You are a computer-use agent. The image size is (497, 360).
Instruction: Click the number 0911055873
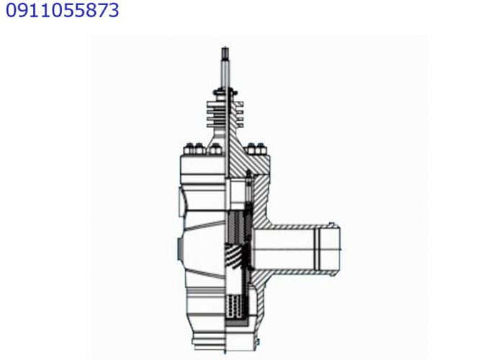pos(63,10)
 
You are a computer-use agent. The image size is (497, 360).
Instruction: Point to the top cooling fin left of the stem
pos(217,104)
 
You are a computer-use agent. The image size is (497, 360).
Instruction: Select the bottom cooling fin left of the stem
pos(217,125)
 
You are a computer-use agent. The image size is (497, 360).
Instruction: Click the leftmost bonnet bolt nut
pos(189,149)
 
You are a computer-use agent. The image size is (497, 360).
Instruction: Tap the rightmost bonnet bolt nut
pos(261,149)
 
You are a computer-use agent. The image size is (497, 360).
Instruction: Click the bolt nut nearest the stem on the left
pos(215,149)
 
